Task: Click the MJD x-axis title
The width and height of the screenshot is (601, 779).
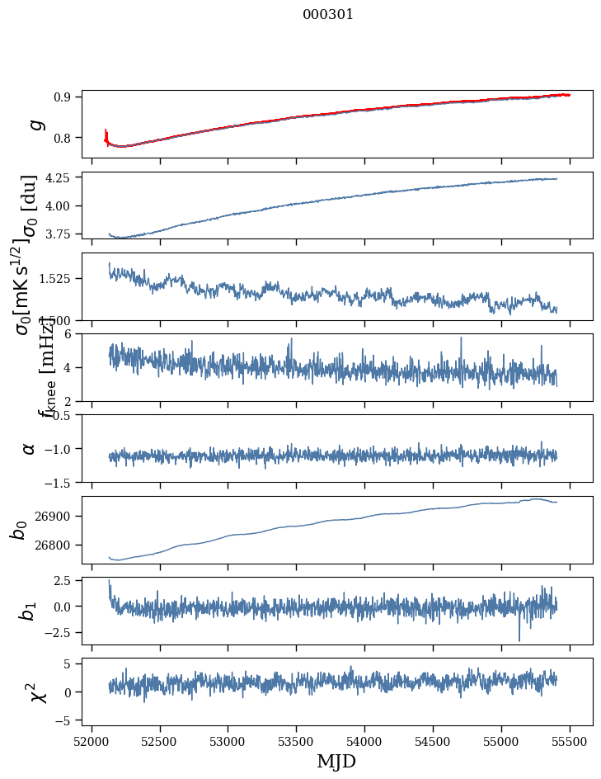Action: click(x=336, y=761)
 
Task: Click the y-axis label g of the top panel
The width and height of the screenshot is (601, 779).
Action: click(x=35, y=124)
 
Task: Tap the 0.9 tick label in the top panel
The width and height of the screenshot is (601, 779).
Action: click(x=67, y=97)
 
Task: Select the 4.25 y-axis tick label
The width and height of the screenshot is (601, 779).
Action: click(x=62, y=177)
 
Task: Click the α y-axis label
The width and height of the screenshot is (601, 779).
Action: click(x=30, y=448)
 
